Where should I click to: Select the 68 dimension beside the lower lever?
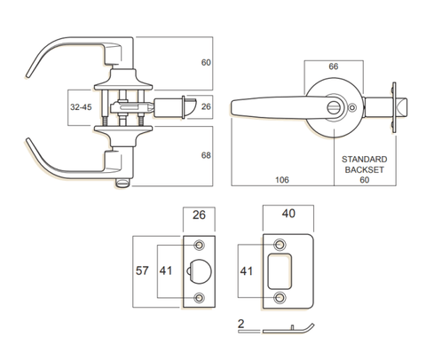pyautogui.click(x=205, y=155)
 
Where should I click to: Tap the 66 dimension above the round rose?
pyautogui.click(x=334, y=67)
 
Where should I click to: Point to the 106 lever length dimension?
pyautogui.click(x=283, y=178)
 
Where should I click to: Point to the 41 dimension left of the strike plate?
pyautogui.click(x=248, y=271)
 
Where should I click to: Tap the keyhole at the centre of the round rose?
pyautogui.click(x=334, y=106)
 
